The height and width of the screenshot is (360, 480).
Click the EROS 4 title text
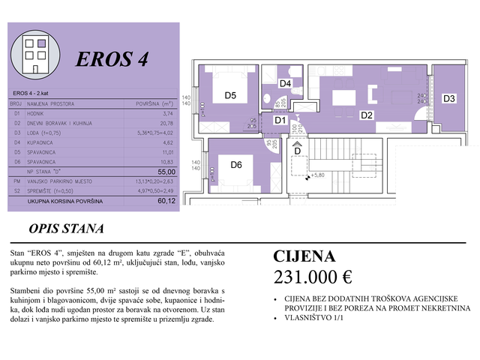pyautogui.click(x=112, y=60)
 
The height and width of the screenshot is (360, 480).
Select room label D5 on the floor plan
pyautogui.click(x=229, y=95)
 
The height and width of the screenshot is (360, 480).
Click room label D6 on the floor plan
pyautogui.click(x=236, y=165)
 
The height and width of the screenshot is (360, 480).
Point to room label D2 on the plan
pyautogui.click(x=367, y=115)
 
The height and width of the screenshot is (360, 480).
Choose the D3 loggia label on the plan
pyautogui.click(x=448, y=98)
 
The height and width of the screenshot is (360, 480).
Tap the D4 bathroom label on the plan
pyautogui.click(x=285, y=83)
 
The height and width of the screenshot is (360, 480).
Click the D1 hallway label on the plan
pyautogui.click(x=280, y=120)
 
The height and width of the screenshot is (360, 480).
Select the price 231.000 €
pyautogui.click(x=313, y=276)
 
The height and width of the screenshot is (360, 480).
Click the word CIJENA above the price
pyautogui.click(x=304, y=256)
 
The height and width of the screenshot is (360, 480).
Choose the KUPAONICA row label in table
pyautogui.click(x=43, y=142)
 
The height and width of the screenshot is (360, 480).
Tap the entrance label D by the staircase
pyautogui.click(x=298, y=151)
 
